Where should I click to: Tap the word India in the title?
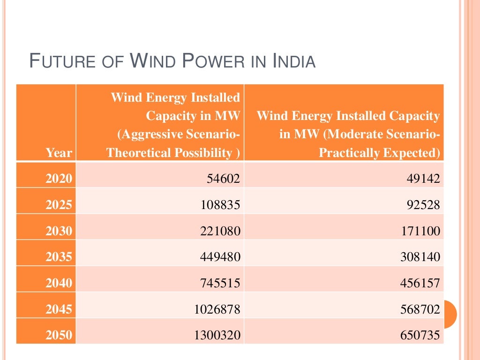(x=294, y=61)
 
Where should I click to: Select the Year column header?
(x=59, y=153)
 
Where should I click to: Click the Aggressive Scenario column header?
(x=173, y=125)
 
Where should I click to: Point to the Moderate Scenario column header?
(x=348, y=134)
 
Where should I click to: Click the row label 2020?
(x=59, y=178)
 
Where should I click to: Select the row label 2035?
(x=59, y=257)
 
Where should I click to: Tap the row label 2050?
(x=59, y=335)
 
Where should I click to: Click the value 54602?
(x=224, y=179)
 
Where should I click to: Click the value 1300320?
(x=217, y=335)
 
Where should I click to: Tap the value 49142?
(x=424, y=179)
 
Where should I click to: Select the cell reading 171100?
(x=420, y=231)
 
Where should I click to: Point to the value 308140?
(x=420, y=257)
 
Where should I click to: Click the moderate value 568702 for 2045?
(x=420, y=309)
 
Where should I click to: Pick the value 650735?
(x=420, y=335)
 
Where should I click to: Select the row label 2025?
(x=59, y=205)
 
